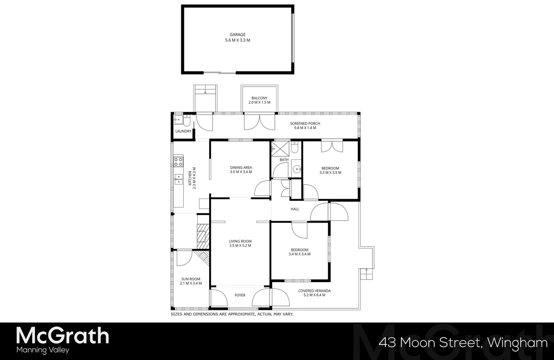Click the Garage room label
pyautogui.click(x=238, y=35)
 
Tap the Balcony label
pyautogui.click(x=260, y=98)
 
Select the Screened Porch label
pyautogui.click(x=305, y=124)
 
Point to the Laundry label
pyautogui.click(x=183, y=131)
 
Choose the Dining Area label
pyautogui.click(x=241, y=168)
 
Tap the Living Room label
pyautogui.click(x=240, y=241)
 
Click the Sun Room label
pyautogui.click(x=191, y=279)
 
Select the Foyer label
pyautogui.click(x=240, y=295)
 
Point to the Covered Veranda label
pyautogui.click(x=314, y=291)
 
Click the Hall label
pyautogui.click(x=295, y=209)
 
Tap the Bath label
pyautogui.click(x=284, y=160)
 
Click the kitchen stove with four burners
pyautogui.click(x=178, y=162)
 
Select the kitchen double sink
pyautogui.click(x=178, y=179)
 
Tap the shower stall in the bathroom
pyautogui.click(x=277, y=147)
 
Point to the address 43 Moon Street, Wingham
pyautogui.click(x=463, y=343)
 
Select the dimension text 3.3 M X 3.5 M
pyautogui.click(x=330, y=173)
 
